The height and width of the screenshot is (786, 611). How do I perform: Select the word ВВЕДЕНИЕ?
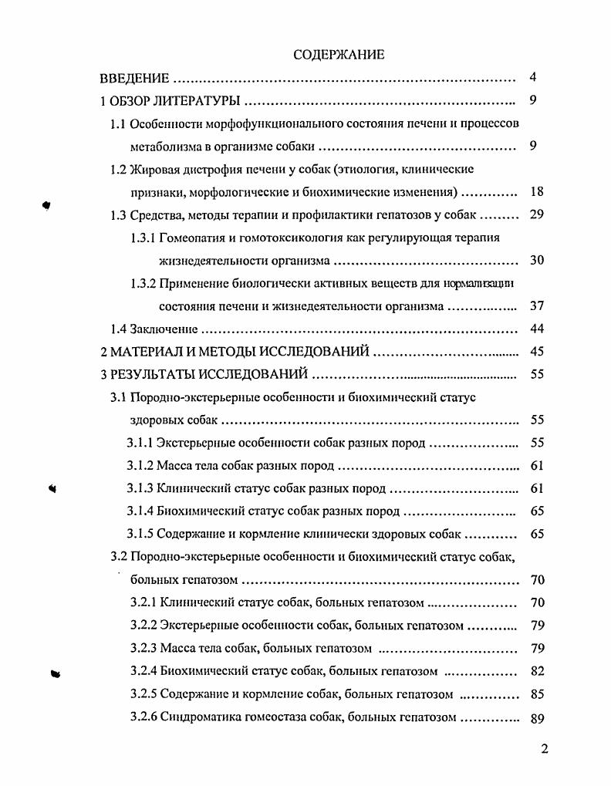pos(135,79)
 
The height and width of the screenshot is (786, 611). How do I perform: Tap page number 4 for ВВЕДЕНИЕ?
pos(533,78)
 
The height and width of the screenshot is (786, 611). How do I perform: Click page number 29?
pos(538,214)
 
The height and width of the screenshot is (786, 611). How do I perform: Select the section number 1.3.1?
pos(143,238)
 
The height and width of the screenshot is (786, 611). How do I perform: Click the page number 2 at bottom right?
pos(544,749)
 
